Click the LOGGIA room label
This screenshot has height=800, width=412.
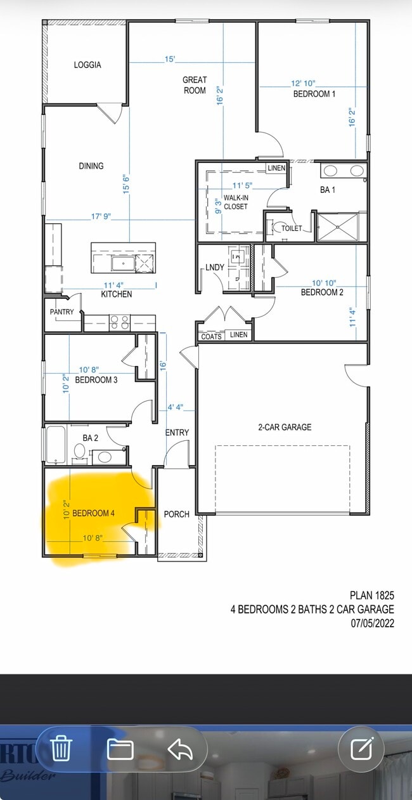point(87,65)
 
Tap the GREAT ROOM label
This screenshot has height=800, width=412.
point(195,85)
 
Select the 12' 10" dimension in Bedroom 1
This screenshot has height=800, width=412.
point(303,83)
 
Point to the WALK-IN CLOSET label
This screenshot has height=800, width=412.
point(236,202)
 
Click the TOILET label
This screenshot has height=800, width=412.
point(292,228)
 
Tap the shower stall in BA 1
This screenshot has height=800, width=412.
point(337,226)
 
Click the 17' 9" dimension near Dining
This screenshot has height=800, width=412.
point(101,216)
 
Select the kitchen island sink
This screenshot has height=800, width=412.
point(123,263)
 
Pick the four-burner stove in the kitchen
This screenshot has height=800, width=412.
point(120,322)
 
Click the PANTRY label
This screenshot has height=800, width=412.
point(61,311)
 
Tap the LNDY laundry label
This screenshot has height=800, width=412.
point(215,267)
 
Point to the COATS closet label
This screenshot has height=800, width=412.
point(211,336)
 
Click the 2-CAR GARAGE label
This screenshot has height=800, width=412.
point(285,427)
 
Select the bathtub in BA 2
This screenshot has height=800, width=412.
point(56,444)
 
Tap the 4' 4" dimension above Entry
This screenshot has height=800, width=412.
point(176,407)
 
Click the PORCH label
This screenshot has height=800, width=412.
point(177,514)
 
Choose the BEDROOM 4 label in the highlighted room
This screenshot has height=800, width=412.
point(93,513)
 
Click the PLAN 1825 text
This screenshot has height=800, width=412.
point(372,595)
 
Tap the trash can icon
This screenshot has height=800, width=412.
point(61,747)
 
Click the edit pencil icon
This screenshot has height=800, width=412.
point(361,747)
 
